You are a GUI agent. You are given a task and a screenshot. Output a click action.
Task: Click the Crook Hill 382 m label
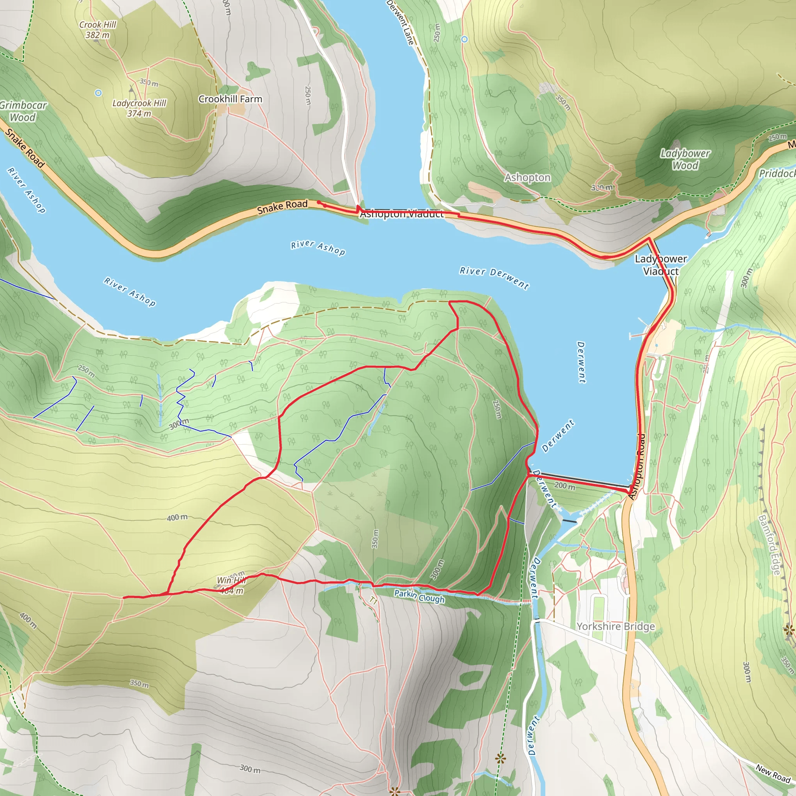pyautogui.click(x=98, y=30)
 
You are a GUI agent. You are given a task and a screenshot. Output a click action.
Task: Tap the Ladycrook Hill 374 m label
pyautogui.click(x=139, y=108)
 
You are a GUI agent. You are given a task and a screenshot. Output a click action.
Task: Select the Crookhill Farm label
pyautogui.click(x=230, y=99)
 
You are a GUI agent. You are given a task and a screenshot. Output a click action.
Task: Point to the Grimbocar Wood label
pyautogui.click(x=23, y=111)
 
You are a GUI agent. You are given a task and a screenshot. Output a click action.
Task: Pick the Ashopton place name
pyautogui.click(x=527, y=177)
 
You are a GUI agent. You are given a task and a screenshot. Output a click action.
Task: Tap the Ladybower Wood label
pyautogui.click(x=685, y=159)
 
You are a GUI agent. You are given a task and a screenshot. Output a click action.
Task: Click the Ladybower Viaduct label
pyautogui.click(x=661, y=265)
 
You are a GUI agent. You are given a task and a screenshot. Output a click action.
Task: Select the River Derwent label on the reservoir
pyautogui.click(x=494, y=277)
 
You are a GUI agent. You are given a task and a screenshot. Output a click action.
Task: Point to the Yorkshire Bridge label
pyautogui.click(x=616, y=626)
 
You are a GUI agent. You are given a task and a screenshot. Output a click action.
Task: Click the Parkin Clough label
pyautogui.click(x=419, y=596)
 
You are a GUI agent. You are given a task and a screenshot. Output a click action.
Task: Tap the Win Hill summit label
pyautogui.click(x=232, y=585)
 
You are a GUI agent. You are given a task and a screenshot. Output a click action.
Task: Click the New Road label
pyautogui.click(x=773, y=773)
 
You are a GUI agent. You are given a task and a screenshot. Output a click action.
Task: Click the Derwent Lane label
pyautogui.click(x=400, y=23)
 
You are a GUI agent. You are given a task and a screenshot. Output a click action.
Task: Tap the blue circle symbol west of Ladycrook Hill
pyautogui.click(x=98, y=93)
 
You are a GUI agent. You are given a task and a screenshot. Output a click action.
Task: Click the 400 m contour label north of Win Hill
pyautogui.click(x=177, y=517)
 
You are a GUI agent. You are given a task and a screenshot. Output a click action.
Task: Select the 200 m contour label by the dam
pyautogui.click(x=564, y=486)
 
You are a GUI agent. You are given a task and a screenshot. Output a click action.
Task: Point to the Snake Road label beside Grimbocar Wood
pyautogui.click(x=25, y=147)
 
